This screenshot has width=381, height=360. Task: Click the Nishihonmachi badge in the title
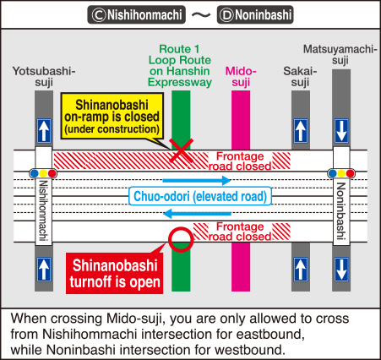[x=136, y=14]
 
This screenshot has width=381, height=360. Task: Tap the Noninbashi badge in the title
[x=255, y=14]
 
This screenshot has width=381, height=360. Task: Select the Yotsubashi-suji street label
[x=44, y=77]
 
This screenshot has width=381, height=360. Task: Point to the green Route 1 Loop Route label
[x=180, y=66]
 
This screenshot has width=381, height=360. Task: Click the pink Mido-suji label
[x=241, y=77]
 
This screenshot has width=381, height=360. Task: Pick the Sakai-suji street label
[x=300, y=77]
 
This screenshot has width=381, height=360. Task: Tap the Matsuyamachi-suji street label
[x=340, y=55]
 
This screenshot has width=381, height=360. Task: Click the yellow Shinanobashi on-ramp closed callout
[x=112, y=117]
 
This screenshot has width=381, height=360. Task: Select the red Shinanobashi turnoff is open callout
[x=115, y=273]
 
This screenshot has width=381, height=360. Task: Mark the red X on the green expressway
[x=181, y=150]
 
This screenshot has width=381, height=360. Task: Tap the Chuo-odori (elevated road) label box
[x=200, y=196]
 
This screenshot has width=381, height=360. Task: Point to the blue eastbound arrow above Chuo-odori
[x=197, y=180]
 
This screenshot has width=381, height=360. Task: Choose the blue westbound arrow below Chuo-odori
[x=197, y=214]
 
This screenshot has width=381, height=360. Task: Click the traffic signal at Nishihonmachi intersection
[x=43, y=173]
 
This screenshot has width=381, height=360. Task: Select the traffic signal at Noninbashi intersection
[x=341, y=173]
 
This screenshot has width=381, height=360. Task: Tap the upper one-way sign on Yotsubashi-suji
[x=44, y=131]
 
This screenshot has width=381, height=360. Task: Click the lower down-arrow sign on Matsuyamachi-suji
[x=341, y=270]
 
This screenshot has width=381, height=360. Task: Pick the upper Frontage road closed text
[x=240, y=161]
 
